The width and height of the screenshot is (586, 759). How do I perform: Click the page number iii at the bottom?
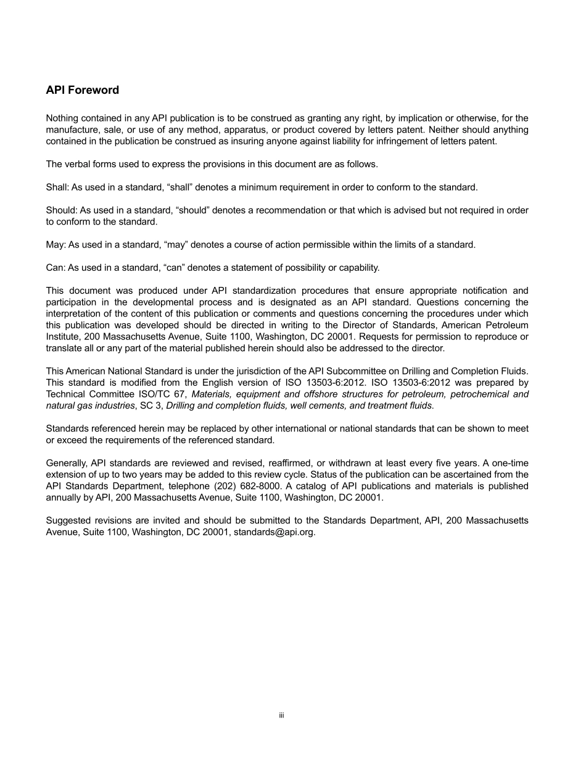coord(281,715)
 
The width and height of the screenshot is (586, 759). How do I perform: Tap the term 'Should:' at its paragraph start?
coord(61,210)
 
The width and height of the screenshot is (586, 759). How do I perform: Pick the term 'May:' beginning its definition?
coord(56,245)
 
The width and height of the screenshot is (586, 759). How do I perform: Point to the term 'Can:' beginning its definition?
coord(56,268)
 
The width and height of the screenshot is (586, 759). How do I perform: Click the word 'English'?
coord(211,383)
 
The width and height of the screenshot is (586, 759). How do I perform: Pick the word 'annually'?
coord(64,497)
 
